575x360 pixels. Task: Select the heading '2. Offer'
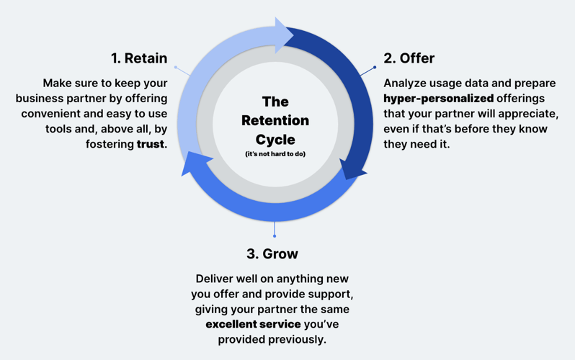pyautogui.click(x=409, y=58)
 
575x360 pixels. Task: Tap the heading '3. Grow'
pyautogui.click(x=272, y=253)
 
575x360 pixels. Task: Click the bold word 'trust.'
pyautogui.click(x=151, y=144)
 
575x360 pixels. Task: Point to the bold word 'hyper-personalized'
pyautogui.click(x=438, y=99)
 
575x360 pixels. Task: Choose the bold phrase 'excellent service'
pyautogui.click(x=253, y=324)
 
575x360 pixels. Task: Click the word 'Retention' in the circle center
pyautogui.click(x=275, y=120)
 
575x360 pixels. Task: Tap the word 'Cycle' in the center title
pyautogui.click(x=275, y=139)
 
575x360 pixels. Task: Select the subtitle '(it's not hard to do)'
pyautogui.click(x=275, y=154)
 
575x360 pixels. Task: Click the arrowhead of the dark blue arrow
pyautogui.click(x=353, y=171)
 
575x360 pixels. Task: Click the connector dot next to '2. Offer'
pyautogui.click(x=375, y=68)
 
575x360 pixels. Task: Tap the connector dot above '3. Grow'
pyautogui.click(x=275, y=235)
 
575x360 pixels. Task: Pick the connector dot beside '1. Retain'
pyautogui.click(x=176, y=68)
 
